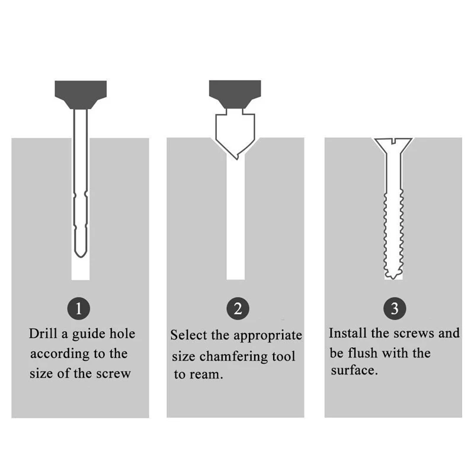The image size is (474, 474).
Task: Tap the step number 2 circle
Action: point(238,308)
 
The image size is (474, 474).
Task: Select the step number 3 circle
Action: point(395,308)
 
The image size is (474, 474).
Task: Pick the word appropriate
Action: point(268,335)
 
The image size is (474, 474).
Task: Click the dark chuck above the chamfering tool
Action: point(236,94)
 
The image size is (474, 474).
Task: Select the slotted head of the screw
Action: point(393,144)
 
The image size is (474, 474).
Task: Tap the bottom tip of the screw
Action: point(393,276)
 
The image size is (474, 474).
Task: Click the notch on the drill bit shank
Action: point(81,195)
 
